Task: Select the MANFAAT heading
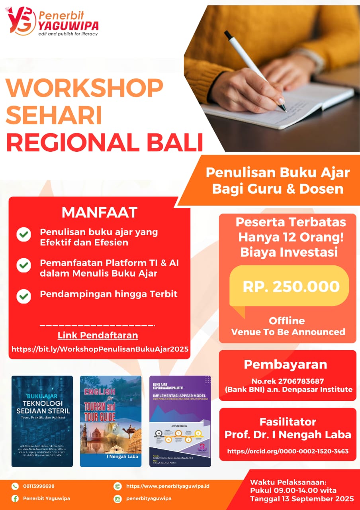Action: [x=99, y=212]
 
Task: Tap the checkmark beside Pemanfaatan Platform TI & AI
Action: [x=24, y=265]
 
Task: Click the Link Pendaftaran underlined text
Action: [x=98, y=335]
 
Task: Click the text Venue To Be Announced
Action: [x=288, y=331]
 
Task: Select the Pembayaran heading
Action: [x=286, y=364]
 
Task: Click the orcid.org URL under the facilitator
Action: [x=288, y=451]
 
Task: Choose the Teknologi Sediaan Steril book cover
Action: [x=42, y=421]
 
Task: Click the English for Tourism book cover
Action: [x=111, y=421]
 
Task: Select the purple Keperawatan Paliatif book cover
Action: [x=180, y=421]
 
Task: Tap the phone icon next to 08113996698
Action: [x=15, y=486]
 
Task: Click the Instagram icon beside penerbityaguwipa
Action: [x=117, y=498]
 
